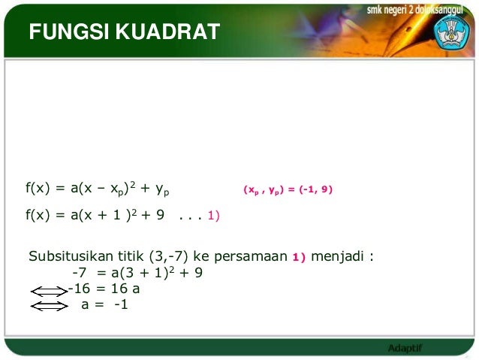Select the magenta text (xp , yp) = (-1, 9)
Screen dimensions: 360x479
tap(287, 190)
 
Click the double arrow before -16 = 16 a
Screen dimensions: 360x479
tap(48, 289)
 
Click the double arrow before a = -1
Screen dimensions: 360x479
tap(48, 305)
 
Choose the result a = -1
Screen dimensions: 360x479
tap(104, 305)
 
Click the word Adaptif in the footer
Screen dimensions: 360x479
tap(405, 348)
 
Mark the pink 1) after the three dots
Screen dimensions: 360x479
tap(213, 216)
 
